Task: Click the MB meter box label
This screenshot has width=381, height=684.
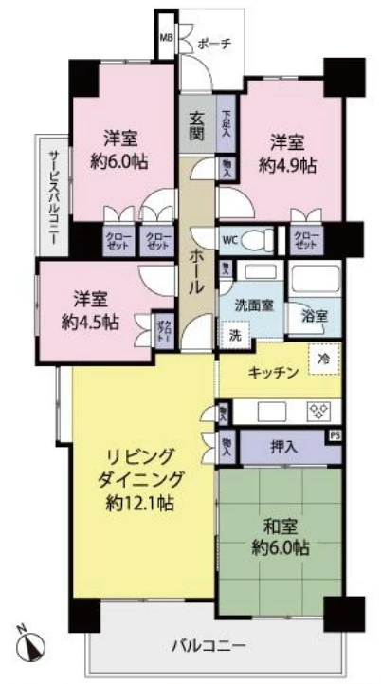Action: point(166,38)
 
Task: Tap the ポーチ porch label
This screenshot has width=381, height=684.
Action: point(213,43)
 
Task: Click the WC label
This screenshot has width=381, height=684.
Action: point(230,239)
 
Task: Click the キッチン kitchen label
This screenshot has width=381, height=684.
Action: point(276,372)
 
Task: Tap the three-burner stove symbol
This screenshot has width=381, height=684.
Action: point(317,411)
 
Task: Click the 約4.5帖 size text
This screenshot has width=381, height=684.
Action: point(88,321)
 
